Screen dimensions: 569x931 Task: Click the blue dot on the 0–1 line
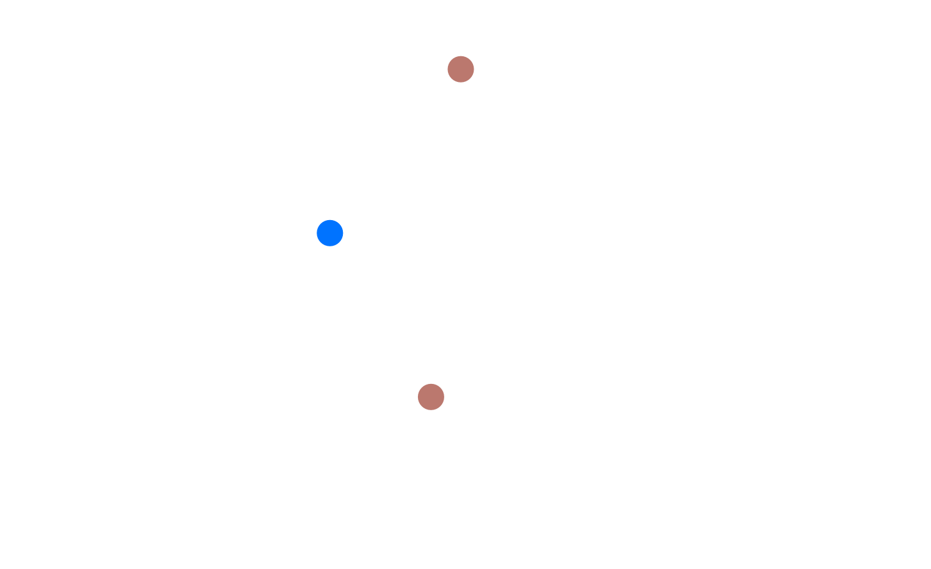click(x=330, y=233)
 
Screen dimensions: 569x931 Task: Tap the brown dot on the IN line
click(x=460, y=69)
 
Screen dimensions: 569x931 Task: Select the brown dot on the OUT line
click(x=431, y=396)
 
